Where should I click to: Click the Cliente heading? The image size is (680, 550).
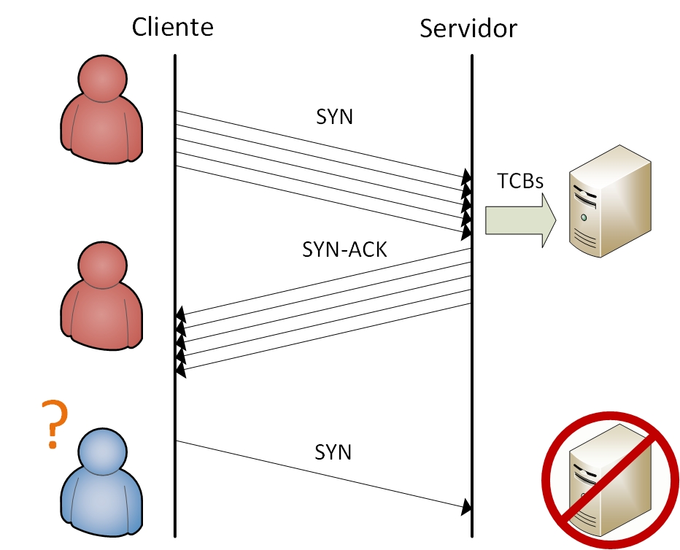[173, 27]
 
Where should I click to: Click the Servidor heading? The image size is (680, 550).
[468, 28]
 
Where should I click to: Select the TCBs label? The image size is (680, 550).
[520, 181]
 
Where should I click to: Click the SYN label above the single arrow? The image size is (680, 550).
[333, 452]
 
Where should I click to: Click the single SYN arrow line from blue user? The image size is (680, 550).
[321, 474]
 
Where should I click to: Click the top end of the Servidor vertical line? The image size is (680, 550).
[472, 57]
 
